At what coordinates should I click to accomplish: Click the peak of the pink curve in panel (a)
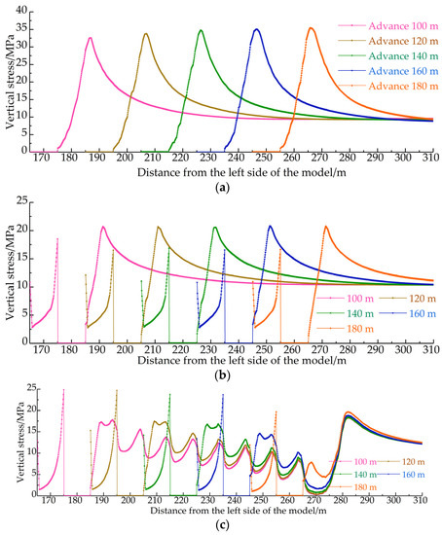click(90, 39)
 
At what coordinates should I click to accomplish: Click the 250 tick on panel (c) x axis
click(242, 500)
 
